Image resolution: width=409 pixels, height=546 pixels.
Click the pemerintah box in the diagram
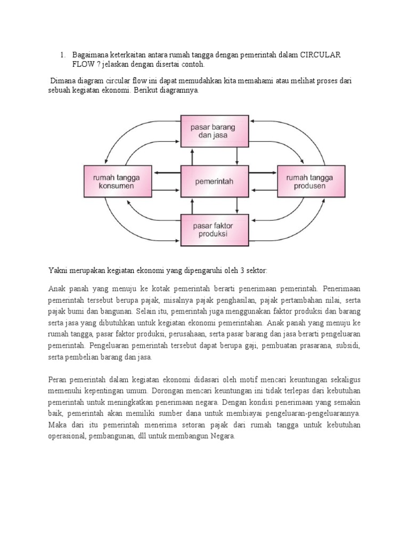215,181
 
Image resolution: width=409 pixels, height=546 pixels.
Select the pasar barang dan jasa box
215,131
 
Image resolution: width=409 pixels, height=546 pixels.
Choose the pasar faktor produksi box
215,230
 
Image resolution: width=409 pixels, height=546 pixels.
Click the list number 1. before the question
62,55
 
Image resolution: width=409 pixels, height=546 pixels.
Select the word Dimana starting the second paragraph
64,81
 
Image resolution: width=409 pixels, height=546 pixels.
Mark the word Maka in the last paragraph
57,425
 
